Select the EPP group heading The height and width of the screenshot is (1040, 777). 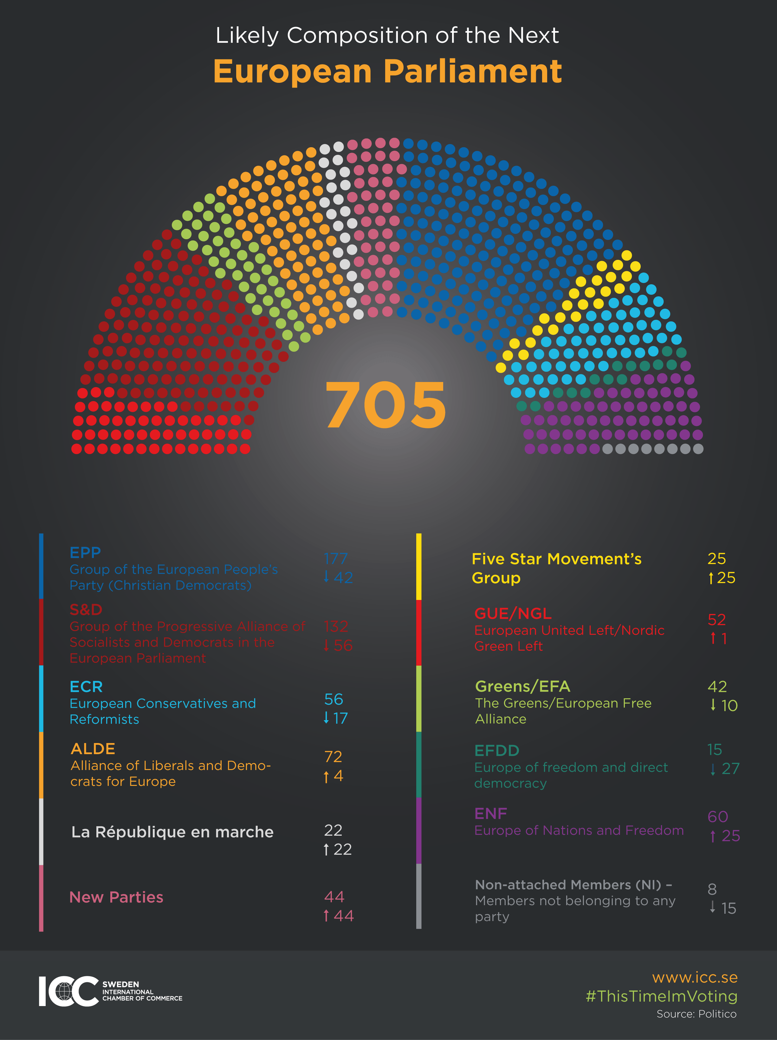click(x=85, y=552)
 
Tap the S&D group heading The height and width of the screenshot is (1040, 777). click(x=86, y=609)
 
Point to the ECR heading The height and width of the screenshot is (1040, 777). click(x=86, y=687)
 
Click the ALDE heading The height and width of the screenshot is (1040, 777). click(x=93, y=748)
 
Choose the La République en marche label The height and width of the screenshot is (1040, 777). click(x=172, y=832)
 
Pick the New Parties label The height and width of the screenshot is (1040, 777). click(x=116, y=897)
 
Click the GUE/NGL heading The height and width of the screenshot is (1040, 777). click(x=513, y=613)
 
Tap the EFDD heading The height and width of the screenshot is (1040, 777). click(x=496, y=750)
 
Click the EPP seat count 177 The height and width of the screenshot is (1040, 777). click(x=335, y=559)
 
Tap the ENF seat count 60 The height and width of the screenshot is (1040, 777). click(x=717, y=817)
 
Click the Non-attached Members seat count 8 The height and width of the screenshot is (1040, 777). click(x=712, y=889)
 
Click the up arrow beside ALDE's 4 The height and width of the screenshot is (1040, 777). click(x=326, y=777)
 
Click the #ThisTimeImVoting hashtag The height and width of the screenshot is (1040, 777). click(x=661, y=996)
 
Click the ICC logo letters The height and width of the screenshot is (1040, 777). click(x=68, y=991)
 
